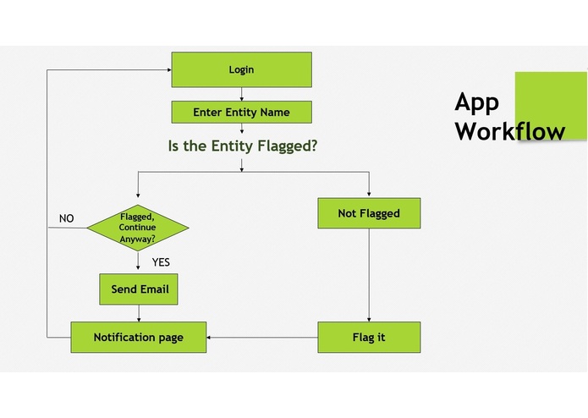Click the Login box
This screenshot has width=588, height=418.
tap(241, 69)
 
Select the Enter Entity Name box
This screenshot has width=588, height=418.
tap(241, 112)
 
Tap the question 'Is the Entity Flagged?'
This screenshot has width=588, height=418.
tap(243, 146)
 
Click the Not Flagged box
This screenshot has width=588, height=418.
tap(368, 213)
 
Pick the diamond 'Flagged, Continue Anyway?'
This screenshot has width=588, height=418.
tap(138, 228)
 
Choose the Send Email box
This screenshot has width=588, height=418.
tap(140, 289)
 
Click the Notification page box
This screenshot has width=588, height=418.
tap(138, 338)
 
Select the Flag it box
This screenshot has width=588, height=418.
tap(368, 338)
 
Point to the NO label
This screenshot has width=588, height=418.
tap(66, 218)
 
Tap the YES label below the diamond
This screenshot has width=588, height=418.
tap(161, 262)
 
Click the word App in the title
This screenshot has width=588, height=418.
tap(476, 102)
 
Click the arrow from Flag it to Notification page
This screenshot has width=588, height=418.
tap(262, 338)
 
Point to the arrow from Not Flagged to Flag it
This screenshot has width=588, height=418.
tap(369, 275)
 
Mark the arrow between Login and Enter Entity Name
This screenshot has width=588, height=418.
tap(242, 94)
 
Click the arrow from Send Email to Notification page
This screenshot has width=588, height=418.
tap(138, 313)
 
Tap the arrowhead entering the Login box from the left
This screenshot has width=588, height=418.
tap(168, 69)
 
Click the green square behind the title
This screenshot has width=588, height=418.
tap(551, 89)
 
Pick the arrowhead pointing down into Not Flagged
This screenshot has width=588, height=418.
tap(369, 194)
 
